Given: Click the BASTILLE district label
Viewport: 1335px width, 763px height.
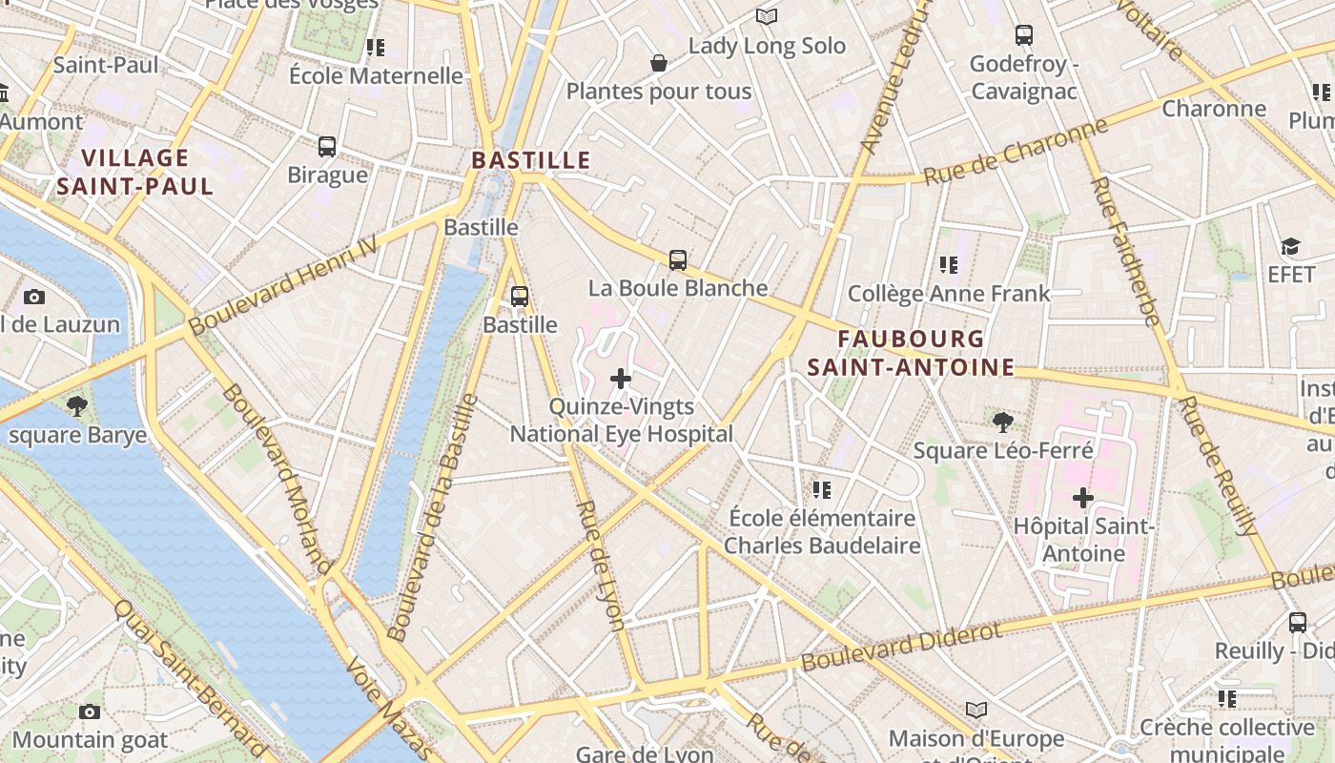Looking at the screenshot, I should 531,159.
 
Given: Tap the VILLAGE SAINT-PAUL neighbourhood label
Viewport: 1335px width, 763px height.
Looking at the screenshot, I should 134,172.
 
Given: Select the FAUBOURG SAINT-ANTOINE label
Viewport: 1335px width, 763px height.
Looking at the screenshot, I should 911,353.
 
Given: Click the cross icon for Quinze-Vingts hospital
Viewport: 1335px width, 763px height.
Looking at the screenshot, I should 621,379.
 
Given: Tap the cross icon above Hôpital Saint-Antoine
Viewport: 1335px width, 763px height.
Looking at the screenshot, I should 1083,497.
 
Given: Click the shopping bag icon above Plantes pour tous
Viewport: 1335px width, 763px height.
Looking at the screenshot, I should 658,64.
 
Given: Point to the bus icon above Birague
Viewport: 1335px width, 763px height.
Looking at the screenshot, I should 327,147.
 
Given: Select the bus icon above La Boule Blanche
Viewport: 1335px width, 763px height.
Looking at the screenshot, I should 677,259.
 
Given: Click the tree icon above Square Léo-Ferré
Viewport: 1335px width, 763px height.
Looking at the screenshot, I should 1002,422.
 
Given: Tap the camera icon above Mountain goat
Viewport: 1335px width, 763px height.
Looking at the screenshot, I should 90,711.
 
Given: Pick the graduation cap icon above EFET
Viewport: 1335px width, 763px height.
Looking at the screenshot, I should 1290,247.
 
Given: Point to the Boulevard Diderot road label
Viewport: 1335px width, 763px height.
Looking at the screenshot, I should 901,646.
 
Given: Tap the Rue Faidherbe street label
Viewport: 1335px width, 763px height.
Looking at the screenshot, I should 1126,251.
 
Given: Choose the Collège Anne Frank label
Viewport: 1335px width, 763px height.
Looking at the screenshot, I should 949,293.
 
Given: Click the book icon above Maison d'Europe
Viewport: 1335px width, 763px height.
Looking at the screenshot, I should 976,710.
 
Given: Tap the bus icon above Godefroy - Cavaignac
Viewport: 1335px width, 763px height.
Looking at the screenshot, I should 1024,35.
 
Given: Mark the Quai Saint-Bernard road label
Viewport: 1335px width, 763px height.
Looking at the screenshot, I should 190,677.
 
